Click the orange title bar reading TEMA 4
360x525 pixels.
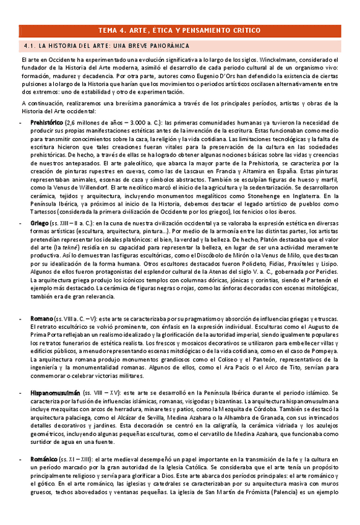(x=179, y=30)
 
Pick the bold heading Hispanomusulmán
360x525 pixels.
(x=56, y=393)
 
